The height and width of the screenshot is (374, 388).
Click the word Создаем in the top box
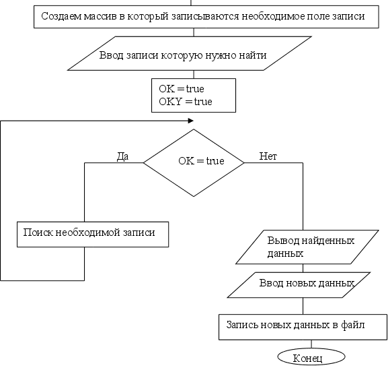[x=61, y=16]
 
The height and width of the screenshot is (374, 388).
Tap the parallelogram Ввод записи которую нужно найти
[x=190, y=53]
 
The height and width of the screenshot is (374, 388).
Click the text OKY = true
[x=186, y=102]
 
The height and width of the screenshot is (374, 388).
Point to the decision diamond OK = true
[x=194, y=162]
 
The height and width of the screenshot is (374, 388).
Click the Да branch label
[x=122, y=156]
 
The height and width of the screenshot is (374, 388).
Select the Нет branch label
[x=268, y=156]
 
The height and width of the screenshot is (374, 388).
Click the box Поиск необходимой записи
[x=93, y=235]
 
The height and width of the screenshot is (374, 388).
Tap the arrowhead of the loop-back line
[x=191, y=121]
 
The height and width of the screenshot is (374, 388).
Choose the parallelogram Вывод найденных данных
[x=307, y=247]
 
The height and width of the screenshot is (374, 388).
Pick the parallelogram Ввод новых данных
[x=299, y=285]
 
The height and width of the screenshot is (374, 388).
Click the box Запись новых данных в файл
[x=303, y=327]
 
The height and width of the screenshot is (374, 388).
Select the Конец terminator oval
[x=311, y=357]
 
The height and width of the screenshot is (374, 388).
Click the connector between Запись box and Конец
[x=311, y=344]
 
